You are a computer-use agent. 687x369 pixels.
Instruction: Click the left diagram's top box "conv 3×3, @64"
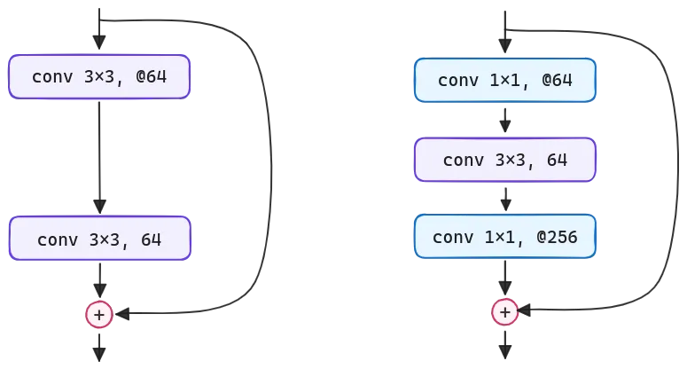99,77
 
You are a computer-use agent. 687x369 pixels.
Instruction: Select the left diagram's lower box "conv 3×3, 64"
99,239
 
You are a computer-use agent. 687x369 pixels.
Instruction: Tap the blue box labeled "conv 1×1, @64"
505,81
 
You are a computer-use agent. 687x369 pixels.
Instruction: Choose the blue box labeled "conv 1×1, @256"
505,237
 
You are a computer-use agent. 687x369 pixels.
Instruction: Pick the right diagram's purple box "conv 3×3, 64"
505,160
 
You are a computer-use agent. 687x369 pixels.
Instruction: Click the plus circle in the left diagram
99,314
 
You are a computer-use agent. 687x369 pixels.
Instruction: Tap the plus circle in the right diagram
504,312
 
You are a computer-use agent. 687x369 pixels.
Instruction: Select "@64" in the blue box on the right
558,81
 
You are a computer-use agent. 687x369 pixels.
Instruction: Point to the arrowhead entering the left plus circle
125,315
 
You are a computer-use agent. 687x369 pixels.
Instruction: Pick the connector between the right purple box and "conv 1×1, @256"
505,199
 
